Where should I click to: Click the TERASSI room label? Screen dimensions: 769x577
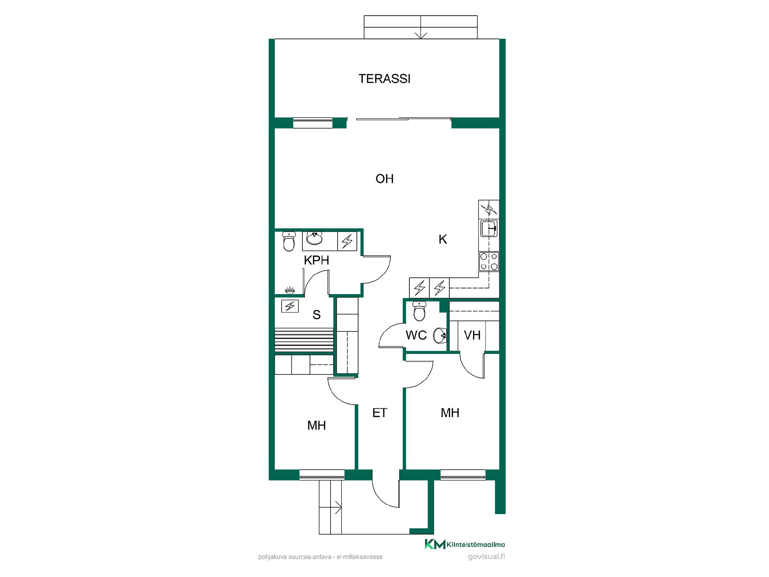coord(384,79)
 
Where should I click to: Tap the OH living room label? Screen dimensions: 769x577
coord(384,179)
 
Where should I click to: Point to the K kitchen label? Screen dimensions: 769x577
coord(443,239)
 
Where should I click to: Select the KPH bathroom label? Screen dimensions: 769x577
coord(316,260)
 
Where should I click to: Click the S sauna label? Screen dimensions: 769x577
coord(316,315)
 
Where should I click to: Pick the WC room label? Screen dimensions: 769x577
coord(416,335)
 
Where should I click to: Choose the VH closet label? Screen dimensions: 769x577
coord(472,335)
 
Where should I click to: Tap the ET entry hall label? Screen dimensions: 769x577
coord(380,413)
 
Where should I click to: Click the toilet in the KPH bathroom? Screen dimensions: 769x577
coord(288,241)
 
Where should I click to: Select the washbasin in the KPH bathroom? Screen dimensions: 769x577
coord(314,239)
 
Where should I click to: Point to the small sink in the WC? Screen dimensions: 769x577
coord(441,335)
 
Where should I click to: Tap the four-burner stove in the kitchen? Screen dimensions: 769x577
coord(489,261)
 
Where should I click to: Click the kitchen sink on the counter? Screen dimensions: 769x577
coord(489,229)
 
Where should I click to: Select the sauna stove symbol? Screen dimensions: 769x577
coord(290,306)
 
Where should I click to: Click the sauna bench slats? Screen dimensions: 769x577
coord(304,341)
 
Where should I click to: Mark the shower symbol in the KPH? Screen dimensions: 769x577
coord(290,290)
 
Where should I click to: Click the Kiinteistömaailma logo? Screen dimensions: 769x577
coord(465,544)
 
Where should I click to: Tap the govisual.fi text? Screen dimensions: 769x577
coord(486,557)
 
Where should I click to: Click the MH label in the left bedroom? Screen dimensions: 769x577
coord(316,425)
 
